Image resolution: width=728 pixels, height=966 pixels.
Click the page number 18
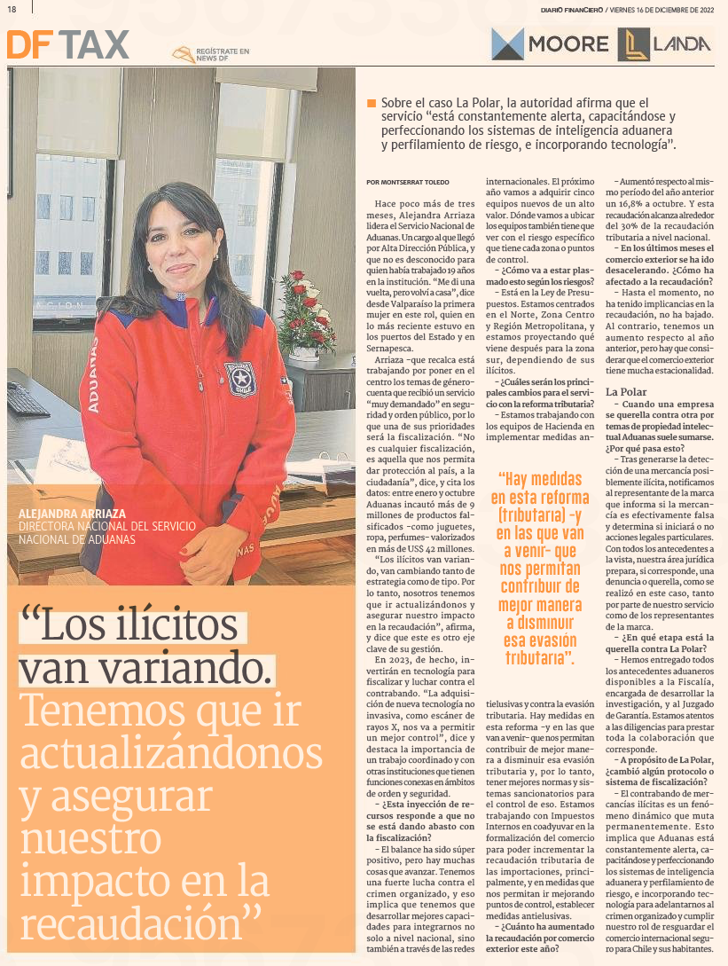point(12,8)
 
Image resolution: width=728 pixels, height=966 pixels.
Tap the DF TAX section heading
point(67,44)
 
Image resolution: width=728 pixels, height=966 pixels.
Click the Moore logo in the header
point(550,44)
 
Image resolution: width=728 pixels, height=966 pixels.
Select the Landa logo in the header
point(665,44)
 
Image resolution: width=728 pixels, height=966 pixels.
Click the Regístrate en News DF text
point(223,55)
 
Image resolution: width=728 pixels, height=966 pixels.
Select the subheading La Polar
point(626,391)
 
